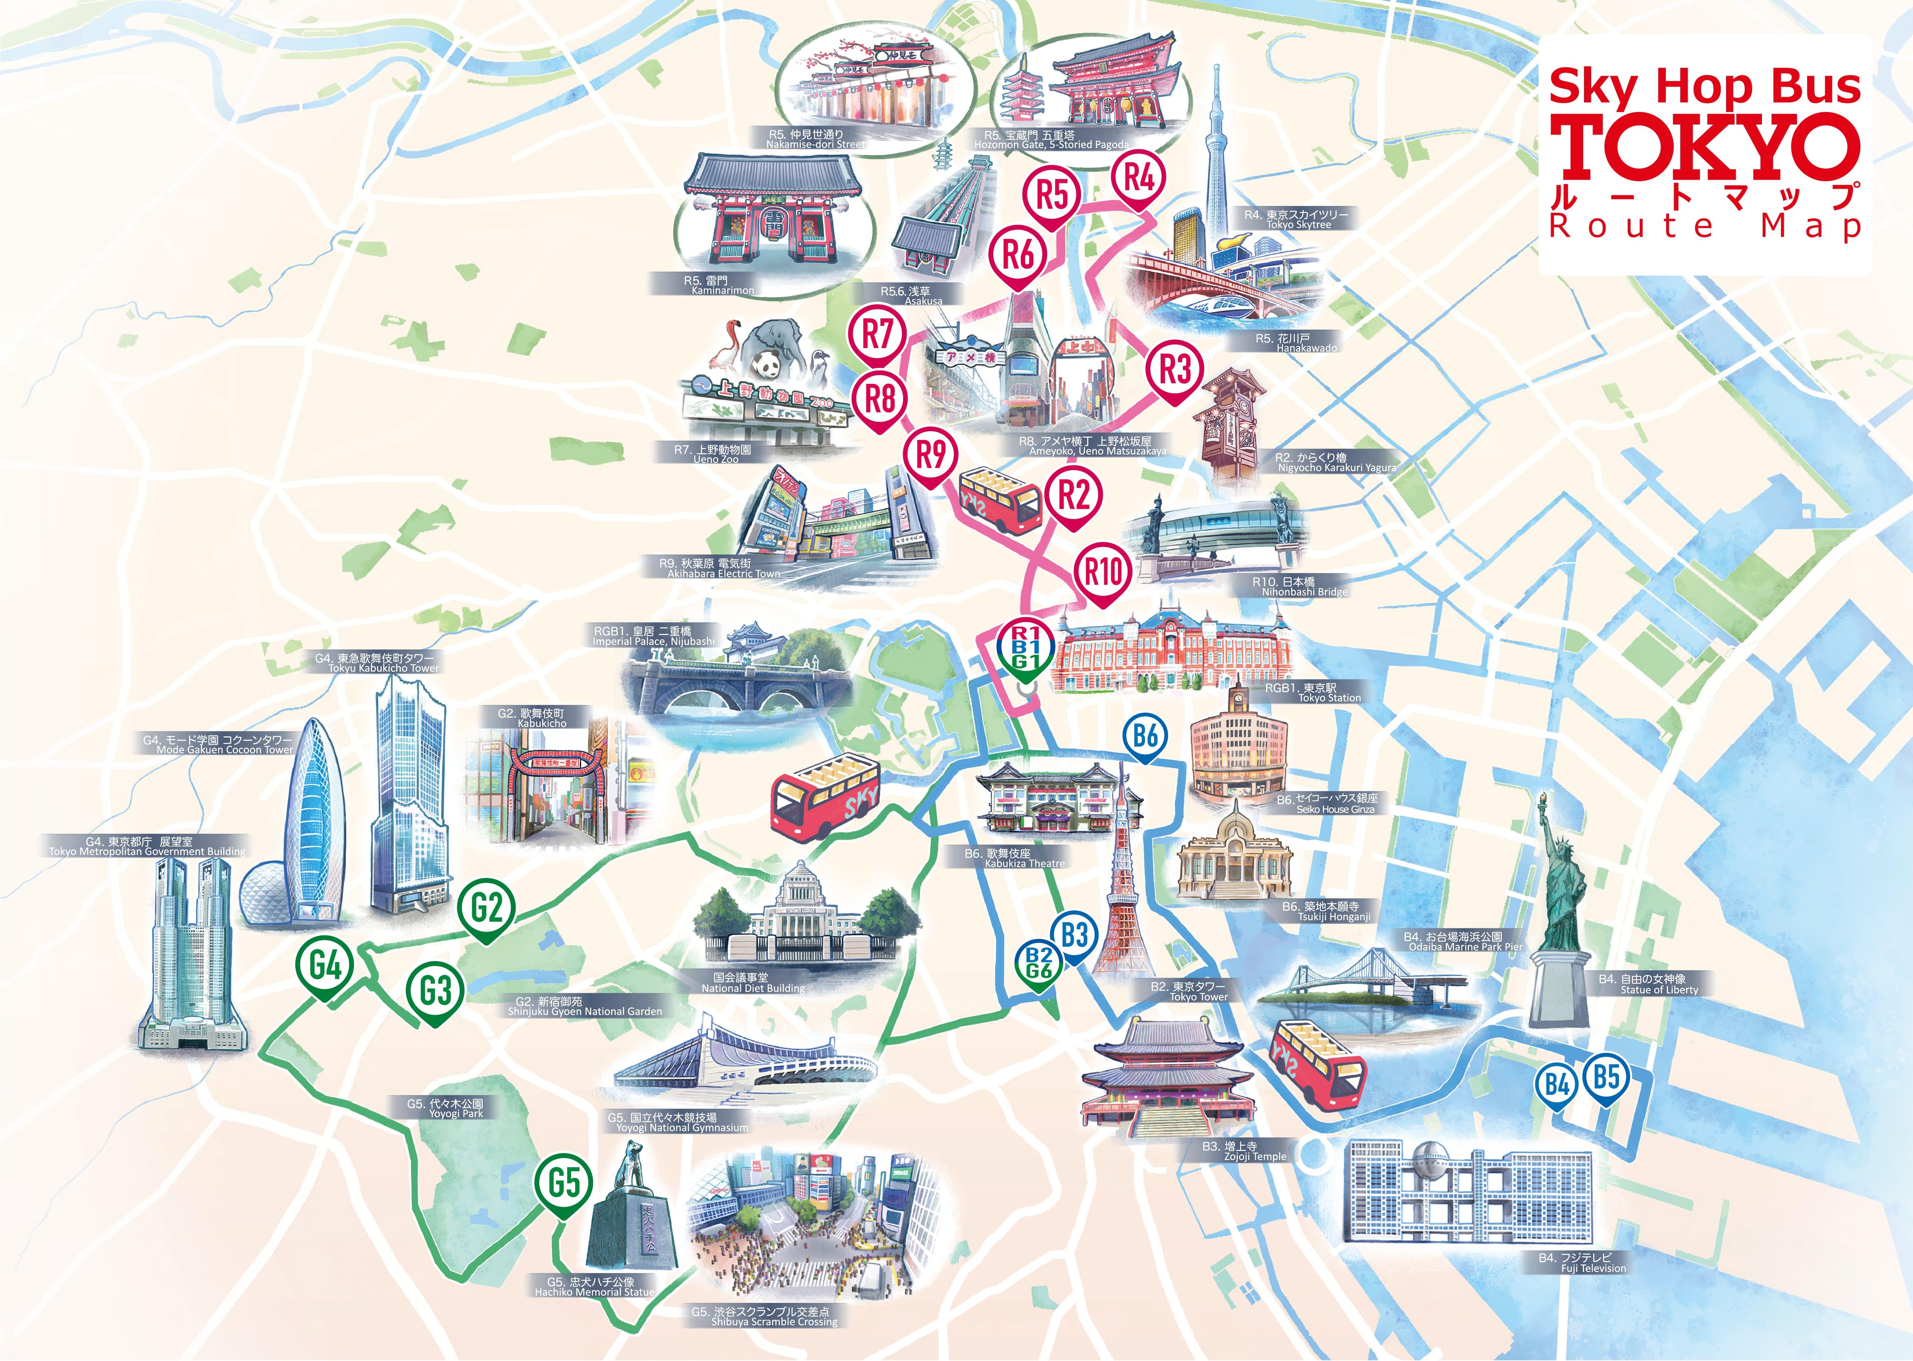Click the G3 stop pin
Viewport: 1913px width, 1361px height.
(435, 990)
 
